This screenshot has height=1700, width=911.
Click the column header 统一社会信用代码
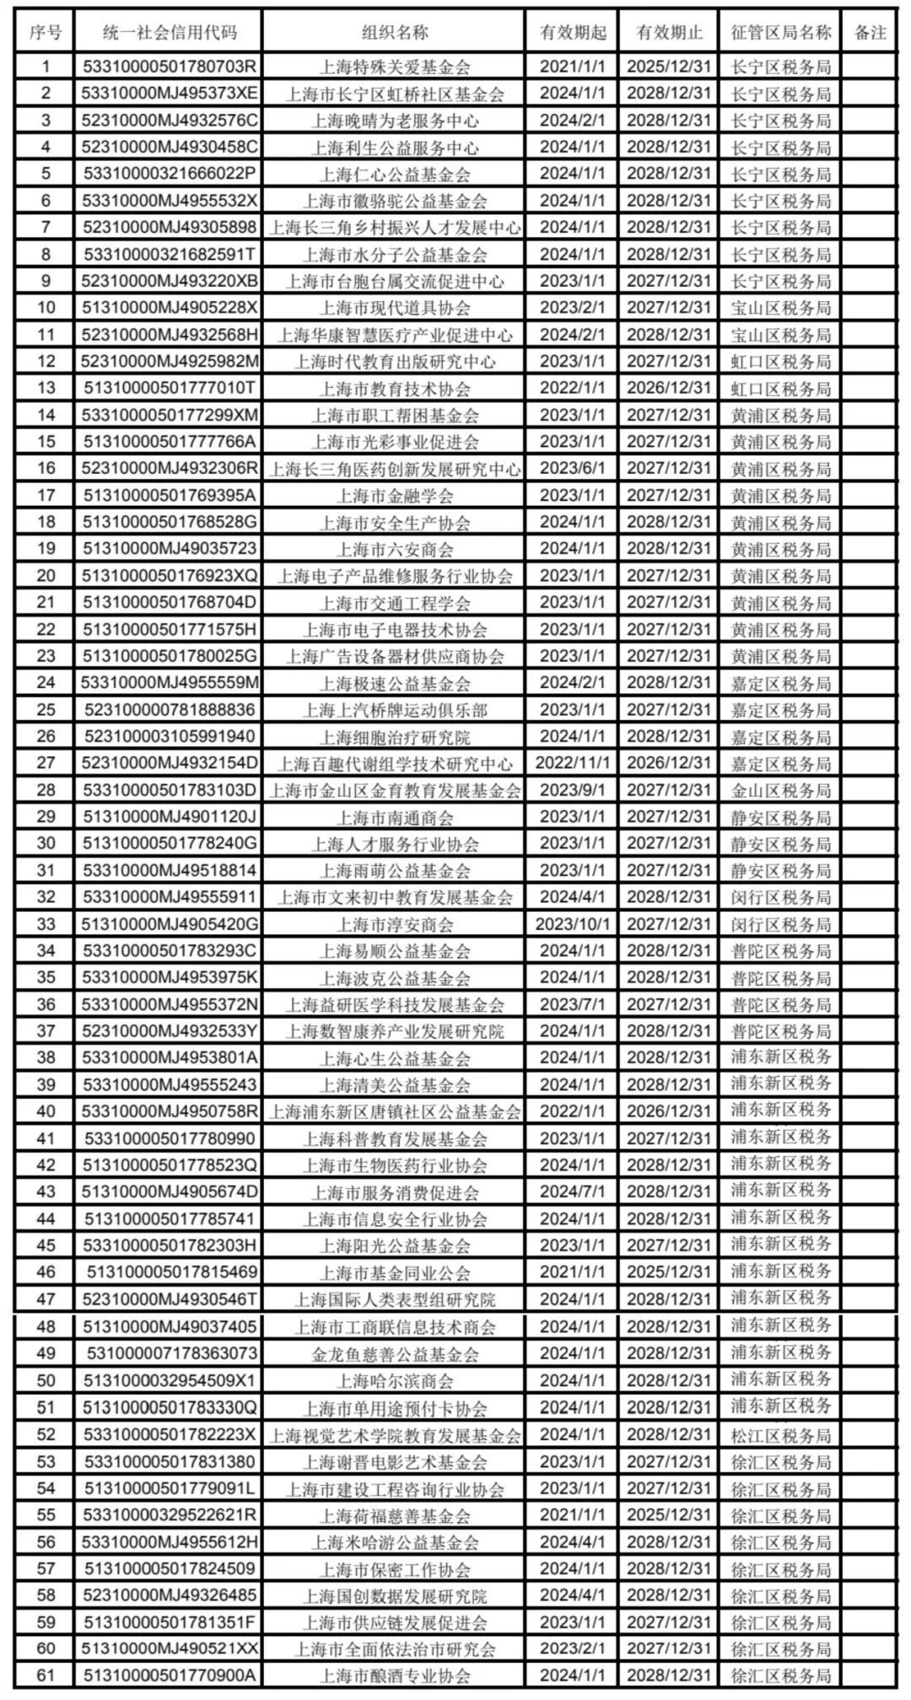click(x=169, y=33)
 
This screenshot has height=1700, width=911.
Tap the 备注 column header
click(x=870, y=33)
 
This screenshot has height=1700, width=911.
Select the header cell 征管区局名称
click(x=780, y=33)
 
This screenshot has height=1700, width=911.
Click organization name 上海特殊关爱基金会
click(x=395, y=67)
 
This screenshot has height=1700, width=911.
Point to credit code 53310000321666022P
click(x=169, y=174)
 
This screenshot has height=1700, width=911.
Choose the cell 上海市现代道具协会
click(x=395, y=308)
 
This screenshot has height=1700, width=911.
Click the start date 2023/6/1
click(x=572, y=468)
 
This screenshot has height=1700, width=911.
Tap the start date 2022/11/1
click(x=572, y=762)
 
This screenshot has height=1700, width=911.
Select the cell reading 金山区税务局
click(x=780, y=789)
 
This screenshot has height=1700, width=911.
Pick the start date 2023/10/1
click(x=572, y=923)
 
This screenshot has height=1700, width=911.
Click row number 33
click(x=46, y=923)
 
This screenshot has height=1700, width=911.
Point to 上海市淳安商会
click(x=395, y=923)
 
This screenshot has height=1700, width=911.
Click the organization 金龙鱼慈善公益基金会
click(x=395, y=1353)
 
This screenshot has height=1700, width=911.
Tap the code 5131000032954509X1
click(x=169, y=1380)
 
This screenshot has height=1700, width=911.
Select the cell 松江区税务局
click(x=780, y=1434)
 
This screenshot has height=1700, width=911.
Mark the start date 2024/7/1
click(x=572, y=1192)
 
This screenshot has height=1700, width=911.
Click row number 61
click(x=46, y=1676)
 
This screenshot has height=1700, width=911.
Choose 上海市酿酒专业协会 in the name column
click(x=395, y=1676)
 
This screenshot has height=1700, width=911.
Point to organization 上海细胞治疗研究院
click(x=395, y=736)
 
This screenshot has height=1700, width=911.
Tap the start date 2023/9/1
click(x=572, y=789)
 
